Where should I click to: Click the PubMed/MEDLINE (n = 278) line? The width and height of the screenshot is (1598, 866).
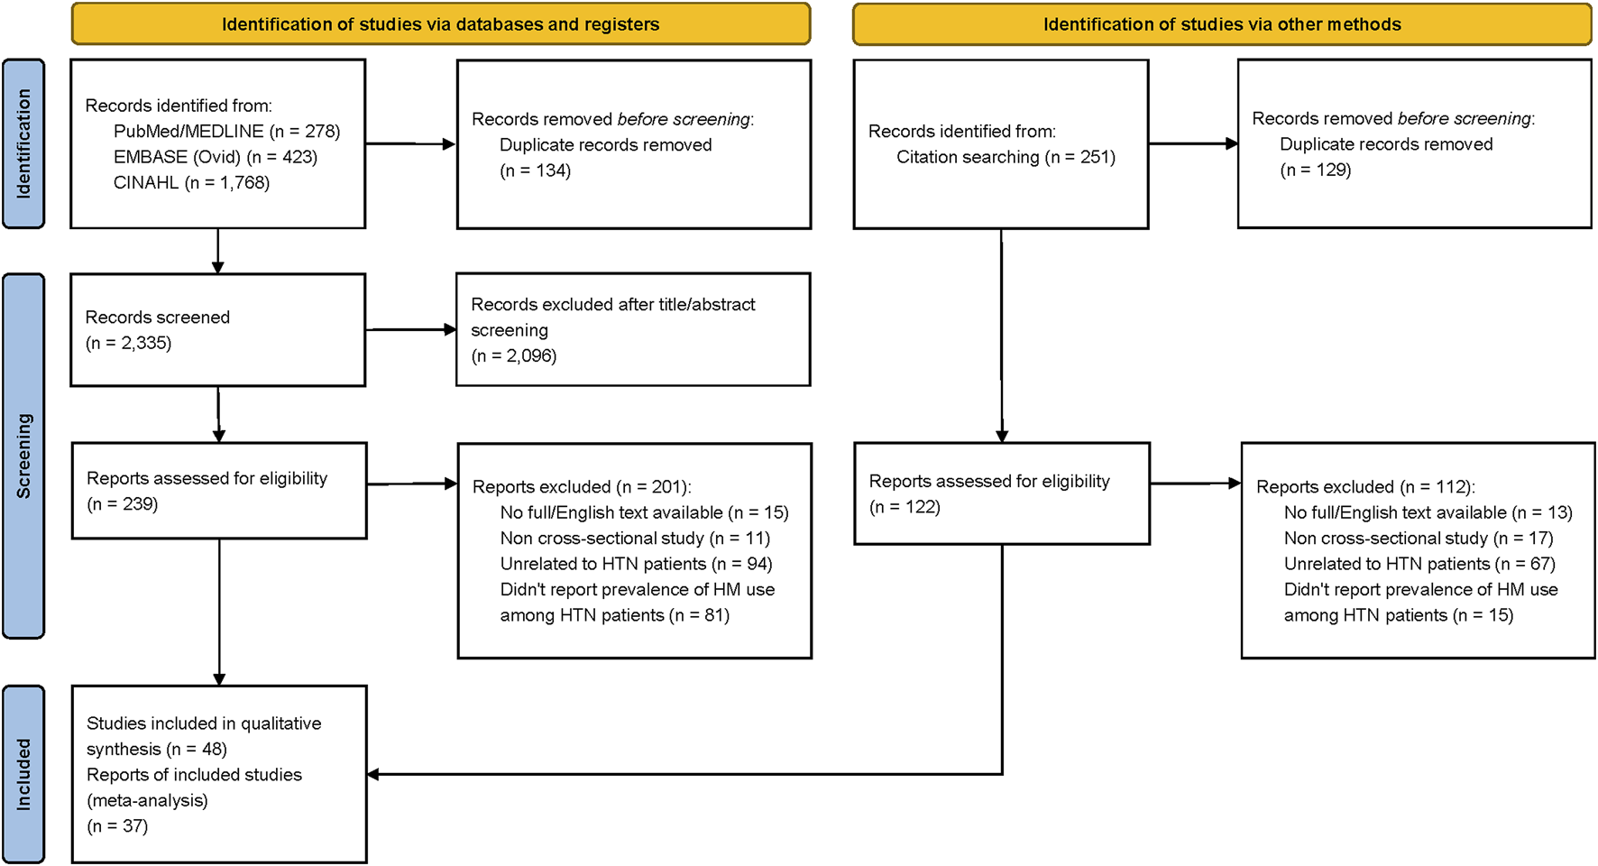[x=226, y=132]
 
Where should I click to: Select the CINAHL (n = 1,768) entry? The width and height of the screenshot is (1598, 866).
[x=191, y=183]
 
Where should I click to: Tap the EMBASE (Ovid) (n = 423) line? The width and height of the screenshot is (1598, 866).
[x=215, y=157]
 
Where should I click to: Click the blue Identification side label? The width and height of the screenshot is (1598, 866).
[x=23, y=143]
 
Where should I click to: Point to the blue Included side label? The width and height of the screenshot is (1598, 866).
[x=23, y=774]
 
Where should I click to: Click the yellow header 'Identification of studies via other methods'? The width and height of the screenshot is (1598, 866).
[x=1222, y=24]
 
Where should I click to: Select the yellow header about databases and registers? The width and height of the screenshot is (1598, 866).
[x=440, y=24]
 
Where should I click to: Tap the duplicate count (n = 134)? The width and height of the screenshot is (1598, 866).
[x=536, y=170]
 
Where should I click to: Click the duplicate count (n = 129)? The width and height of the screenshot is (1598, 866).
[x=1316, y=170]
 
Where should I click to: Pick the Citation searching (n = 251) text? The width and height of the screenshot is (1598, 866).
[x=1006, y=157]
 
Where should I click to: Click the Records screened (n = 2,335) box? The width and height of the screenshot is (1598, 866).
[x=218, y=330]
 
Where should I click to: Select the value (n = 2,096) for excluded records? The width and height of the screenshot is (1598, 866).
[x=514, y=355]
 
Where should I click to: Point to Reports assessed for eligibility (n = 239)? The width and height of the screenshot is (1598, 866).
[x=219, y=491]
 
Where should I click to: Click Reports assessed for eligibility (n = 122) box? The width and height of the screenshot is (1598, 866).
[x=1001, y=493]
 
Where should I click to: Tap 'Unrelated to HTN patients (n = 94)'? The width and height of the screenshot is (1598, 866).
[x=636, y=564]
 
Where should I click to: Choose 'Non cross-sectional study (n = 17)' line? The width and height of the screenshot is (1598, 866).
[x=1419, y=539]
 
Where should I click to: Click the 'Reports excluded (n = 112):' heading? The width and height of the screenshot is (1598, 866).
[x=1365, y=487]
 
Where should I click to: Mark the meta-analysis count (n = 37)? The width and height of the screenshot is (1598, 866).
[x=117, y=825]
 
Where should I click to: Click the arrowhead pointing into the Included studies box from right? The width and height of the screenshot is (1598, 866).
[x=373, y=774]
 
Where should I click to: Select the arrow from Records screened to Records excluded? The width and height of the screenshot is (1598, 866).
[x=411, y=330]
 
